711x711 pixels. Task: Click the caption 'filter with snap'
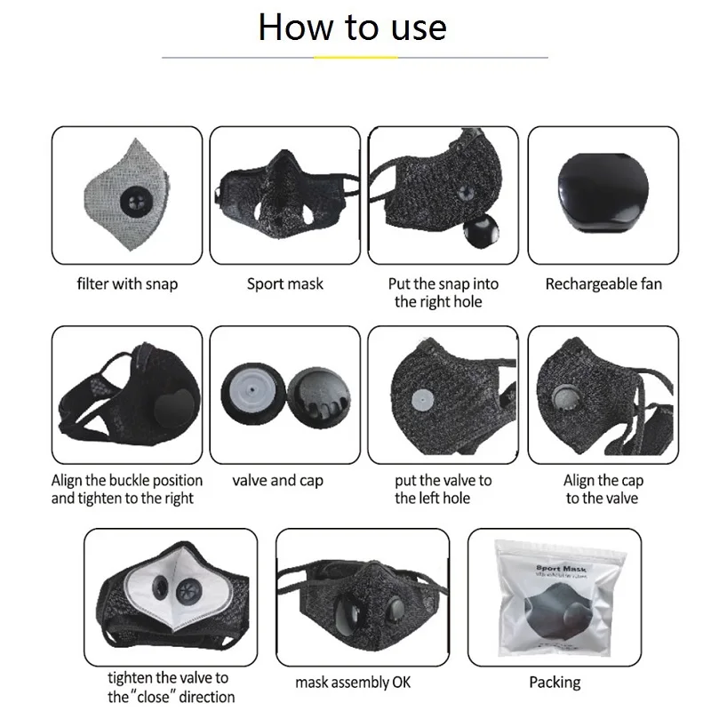click(x=127, y=284)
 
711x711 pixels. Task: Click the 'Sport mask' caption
click(x=285, y=284)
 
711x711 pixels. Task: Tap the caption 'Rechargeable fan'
click(x=603, y=284)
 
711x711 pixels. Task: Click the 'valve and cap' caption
click(x=278, y=481)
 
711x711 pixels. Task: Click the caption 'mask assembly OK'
click(x=355, y=683)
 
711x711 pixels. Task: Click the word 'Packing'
click(x=555, y=683)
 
